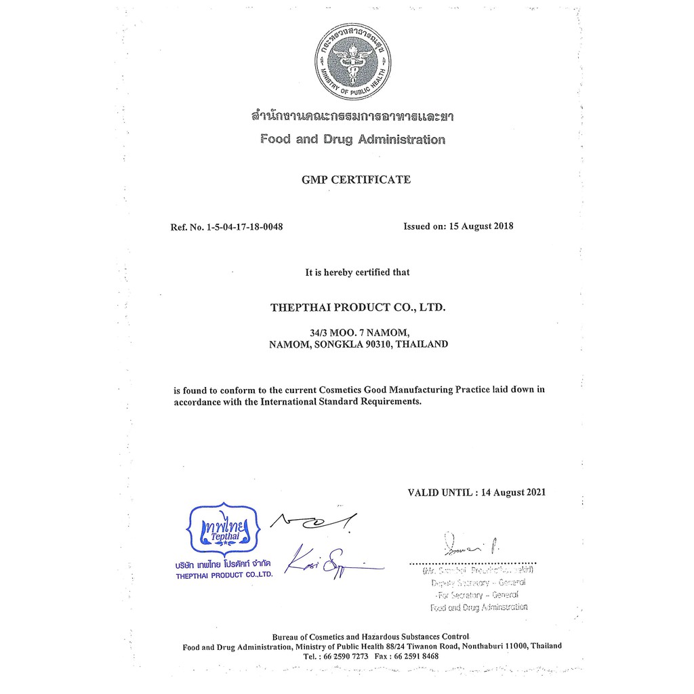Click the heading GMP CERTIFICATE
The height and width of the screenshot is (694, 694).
[x=356, y=180]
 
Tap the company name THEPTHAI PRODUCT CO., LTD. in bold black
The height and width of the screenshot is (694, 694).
[x=358, y=307]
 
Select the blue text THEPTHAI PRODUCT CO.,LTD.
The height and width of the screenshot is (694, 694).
[x=224, y=575]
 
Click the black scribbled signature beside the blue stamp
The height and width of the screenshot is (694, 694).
[x=313, y=520]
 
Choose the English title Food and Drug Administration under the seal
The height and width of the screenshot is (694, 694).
[x=352, y=140]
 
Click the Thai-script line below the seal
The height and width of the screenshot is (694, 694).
[x=352, y=117]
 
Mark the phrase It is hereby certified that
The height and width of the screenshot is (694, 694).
[x=357, y=272]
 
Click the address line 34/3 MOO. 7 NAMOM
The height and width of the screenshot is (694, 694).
[x=359, y=332]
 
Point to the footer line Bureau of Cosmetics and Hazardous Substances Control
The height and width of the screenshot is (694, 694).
[x=370, y=636]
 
